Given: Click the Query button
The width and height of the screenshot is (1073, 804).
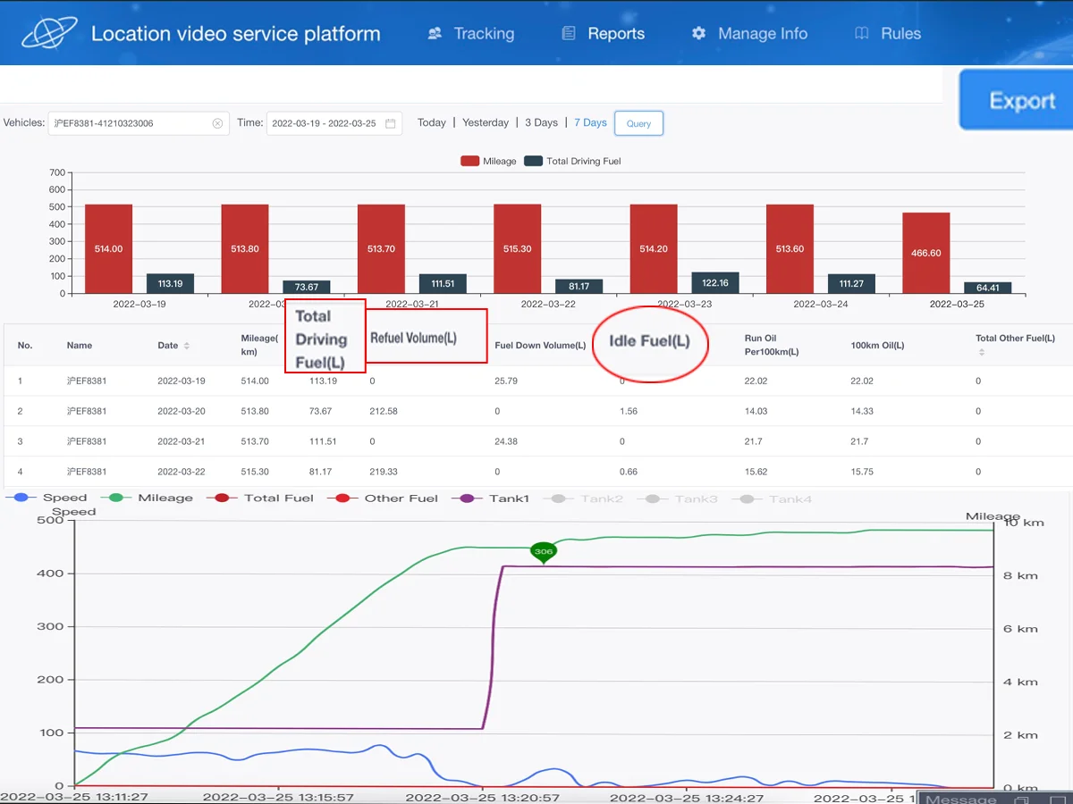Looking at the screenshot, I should point(638,123).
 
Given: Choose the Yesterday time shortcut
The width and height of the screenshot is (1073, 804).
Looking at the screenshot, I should point(486,122).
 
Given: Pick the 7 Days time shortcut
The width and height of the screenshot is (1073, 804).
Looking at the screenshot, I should point(590,122).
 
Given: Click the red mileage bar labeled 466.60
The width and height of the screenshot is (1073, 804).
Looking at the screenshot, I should point(925,253).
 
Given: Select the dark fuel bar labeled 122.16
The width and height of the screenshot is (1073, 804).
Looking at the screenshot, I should point(715,283).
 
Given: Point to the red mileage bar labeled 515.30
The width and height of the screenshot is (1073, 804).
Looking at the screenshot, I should point(517,249).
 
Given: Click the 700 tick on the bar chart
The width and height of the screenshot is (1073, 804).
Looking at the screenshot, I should point(57,172).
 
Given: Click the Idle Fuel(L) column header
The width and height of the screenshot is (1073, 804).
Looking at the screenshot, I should point(650,341).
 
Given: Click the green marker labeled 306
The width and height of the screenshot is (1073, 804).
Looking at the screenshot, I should point(544,552).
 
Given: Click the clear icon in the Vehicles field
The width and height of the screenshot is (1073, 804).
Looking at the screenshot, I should point(217,123).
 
